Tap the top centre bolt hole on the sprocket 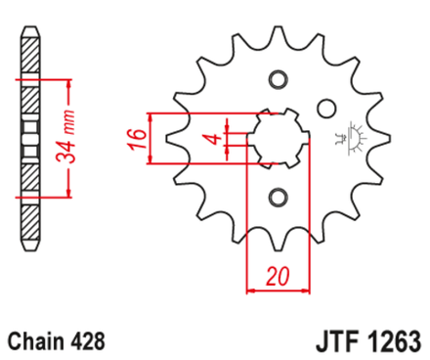click(x=279, y=80)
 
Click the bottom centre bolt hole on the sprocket click(x=279, y=196)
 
